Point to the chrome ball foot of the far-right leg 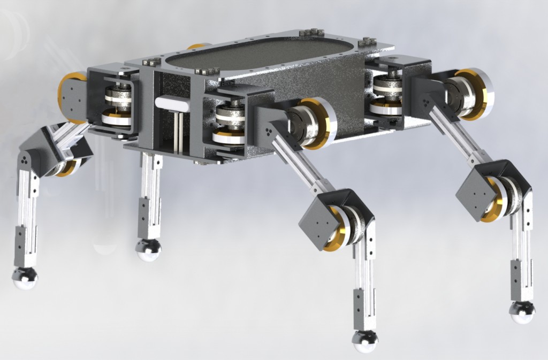(522, 312)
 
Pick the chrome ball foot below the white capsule (148, 250)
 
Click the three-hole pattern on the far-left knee (26, 159)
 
